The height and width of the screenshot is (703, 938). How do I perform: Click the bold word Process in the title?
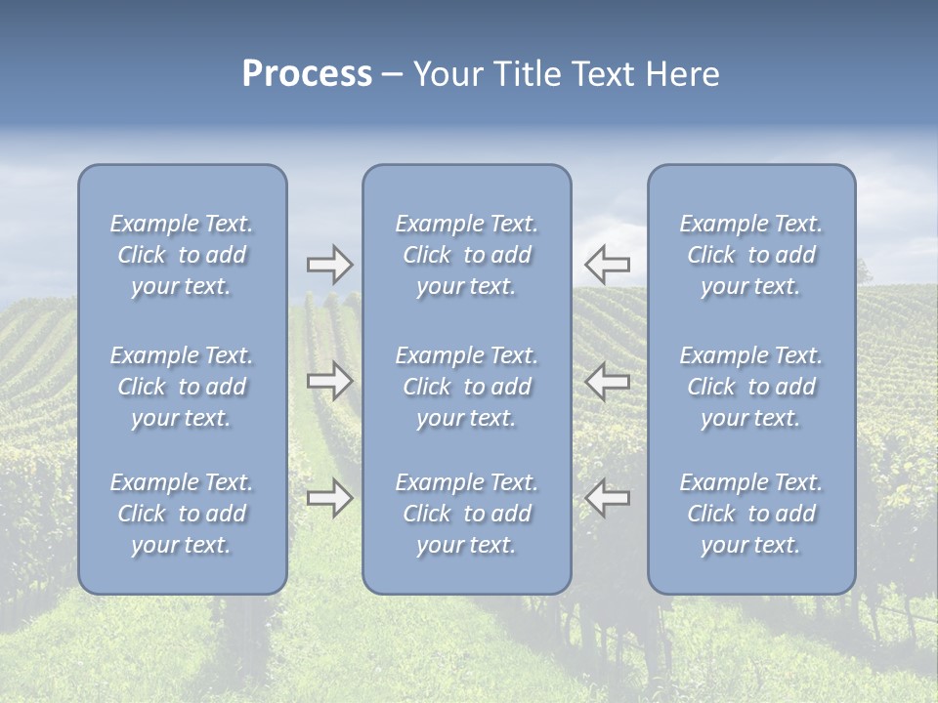click(307, 74)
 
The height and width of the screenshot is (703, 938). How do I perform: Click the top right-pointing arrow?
click(329, 265)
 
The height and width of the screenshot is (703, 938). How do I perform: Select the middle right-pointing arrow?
click(329, 381)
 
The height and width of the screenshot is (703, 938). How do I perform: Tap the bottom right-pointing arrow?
click(329, 498)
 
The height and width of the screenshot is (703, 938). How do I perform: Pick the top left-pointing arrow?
click(608, 264)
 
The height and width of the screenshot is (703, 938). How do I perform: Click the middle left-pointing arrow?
click(608, 381)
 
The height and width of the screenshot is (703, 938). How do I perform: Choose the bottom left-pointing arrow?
click(608, 498)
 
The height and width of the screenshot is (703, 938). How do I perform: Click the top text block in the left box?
click(182, 255)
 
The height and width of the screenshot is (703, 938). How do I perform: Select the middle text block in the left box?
click(182, 387)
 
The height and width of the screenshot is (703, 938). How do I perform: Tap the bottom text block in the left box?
click(182, 514)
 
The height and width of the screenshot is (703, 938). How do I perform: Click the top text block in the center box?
click(466, 255)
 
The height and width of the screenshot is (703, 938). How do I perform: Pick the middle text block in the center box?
click(466, 387)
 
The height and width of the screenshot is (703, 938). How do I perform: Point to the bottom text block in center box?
click(466, 514)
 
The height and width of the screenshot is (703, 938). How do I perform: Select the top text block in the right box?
click(750, 255)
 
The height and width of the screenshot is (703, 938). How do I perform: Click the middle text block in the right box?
click(750, 387)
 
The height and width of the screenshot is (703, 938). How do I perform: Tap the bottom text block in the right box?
click(750, 514)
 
